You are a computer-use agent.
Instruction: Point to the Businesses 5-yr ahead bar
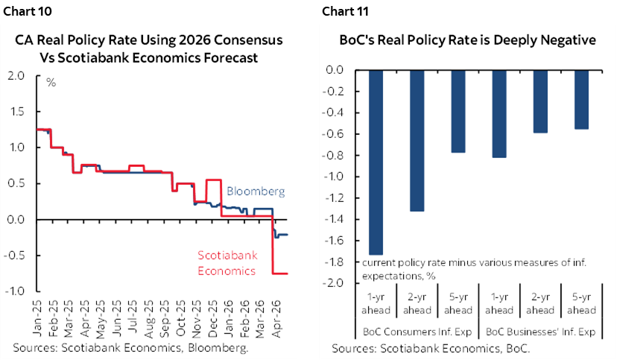click(580, 100)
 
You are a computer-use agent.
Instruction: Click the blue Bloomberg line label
click(250, 192)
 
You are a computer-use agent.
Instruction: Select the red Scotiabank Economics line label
click(227, 263)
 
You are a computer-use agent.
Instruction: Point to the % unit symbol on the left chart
click(51, 82)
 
